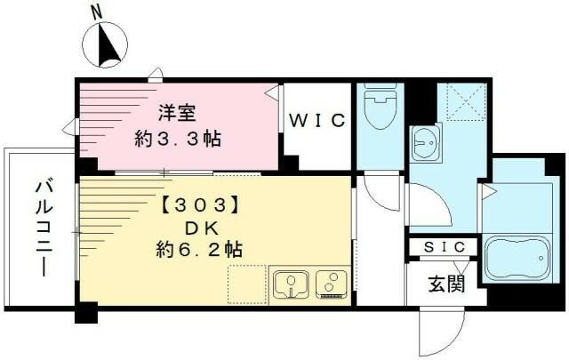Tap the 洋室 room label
point(178,113)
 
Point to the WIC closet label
point(316,121)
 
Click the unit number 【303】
point(200,203)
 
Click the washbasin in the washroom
point(424,141)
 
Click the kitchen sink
point(290,284)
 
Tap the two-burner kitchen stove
point(330,284)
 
